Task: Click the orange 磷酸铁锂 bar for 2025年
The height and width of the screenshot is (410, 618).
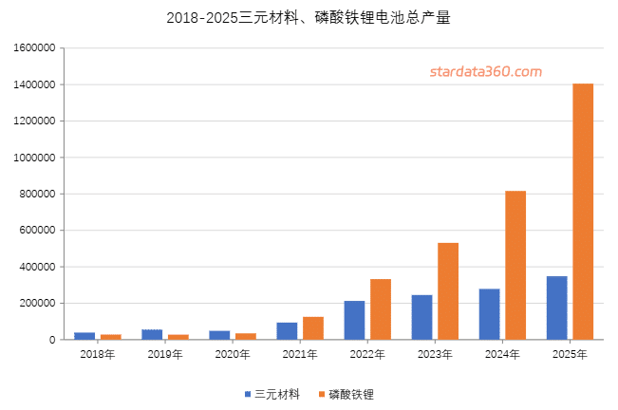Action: [583, 211]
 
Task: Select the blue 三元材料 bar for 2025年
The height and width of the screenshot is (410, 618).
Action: [556, 307]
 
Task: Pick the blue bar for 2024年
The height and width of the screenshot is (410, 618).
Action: [489, 314]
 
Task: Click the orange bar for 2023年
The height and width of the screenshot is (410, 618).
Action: [448, 290]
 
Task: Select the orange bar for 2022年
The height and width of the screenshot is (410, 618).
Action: [381, 308]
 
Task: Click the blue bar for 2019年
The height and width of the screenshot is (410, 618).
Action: [152, 334]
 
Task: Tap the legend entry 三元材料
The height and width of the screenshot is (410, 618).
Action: [272, 393]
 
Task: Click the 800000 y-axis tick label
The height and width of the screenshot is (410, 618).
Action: [35, 195]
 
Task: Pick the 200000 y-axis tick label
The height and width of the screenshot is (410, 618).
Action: [35, 304]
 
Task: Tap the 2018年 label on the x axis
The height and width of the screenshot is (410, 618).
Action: [98, 354]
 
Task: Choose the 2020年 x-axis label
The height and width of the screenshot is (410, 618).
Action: [233, 354]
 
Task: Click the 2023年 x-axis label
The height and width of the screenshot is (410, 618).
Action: [435, 354]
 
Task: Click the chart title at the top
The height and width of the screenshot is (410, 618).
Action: [309, 18]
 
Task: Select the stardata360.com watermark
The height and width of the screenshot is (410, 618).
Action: [485, 71]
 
